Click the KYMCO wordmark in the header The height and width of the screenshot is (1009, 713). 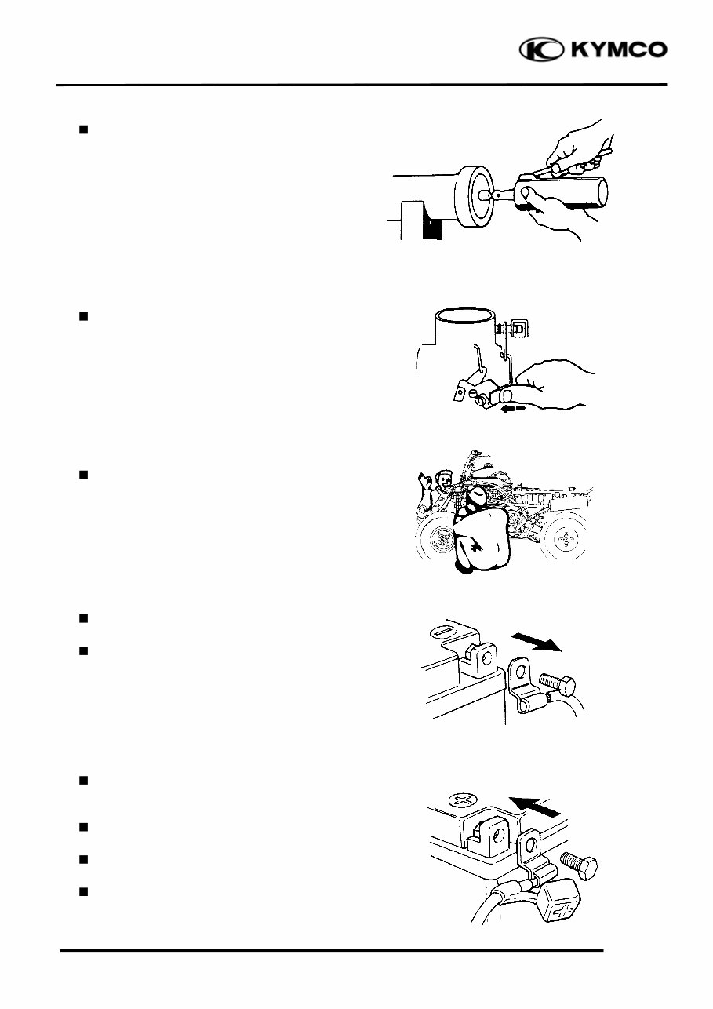(619, 50)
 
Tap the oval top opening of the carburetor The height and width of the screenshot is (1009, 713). (464, 316)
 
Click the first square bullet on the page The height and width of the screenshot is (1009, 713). (82, 129)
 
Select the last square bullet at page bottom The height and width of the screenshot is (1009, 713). (82, 891)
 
